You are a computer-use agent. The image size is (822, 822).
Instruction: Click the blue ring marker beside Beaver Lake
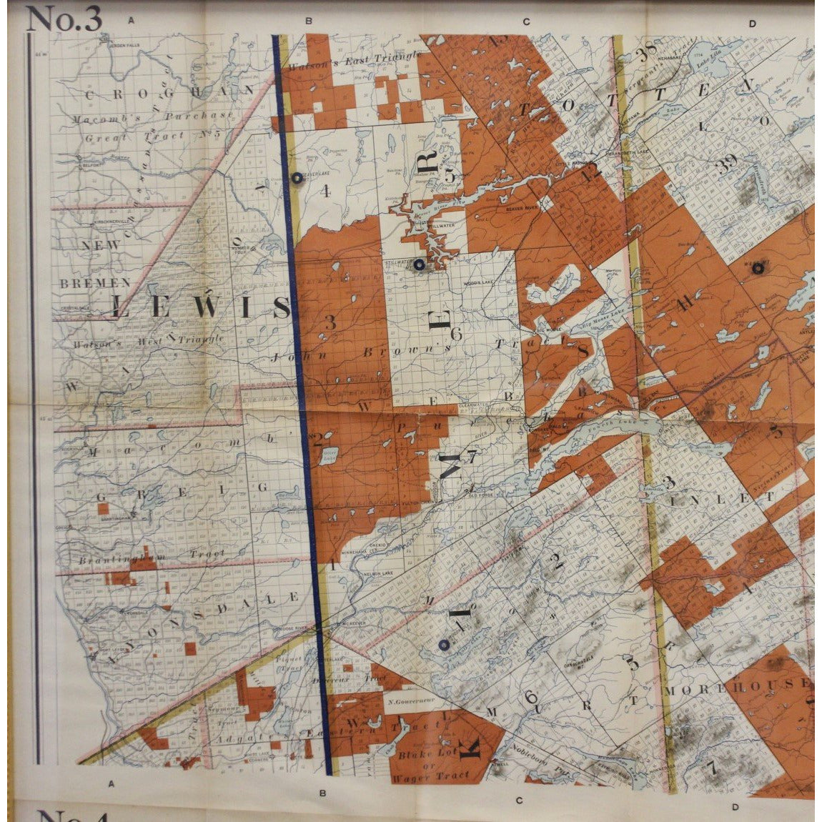[x=296, y=179]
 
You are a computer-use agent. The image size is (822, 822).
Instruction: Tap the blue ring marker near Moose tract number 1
[x=444, y=645]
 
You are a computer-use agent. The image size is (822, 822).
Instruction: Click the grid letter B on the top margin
[x=308, y=21]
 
